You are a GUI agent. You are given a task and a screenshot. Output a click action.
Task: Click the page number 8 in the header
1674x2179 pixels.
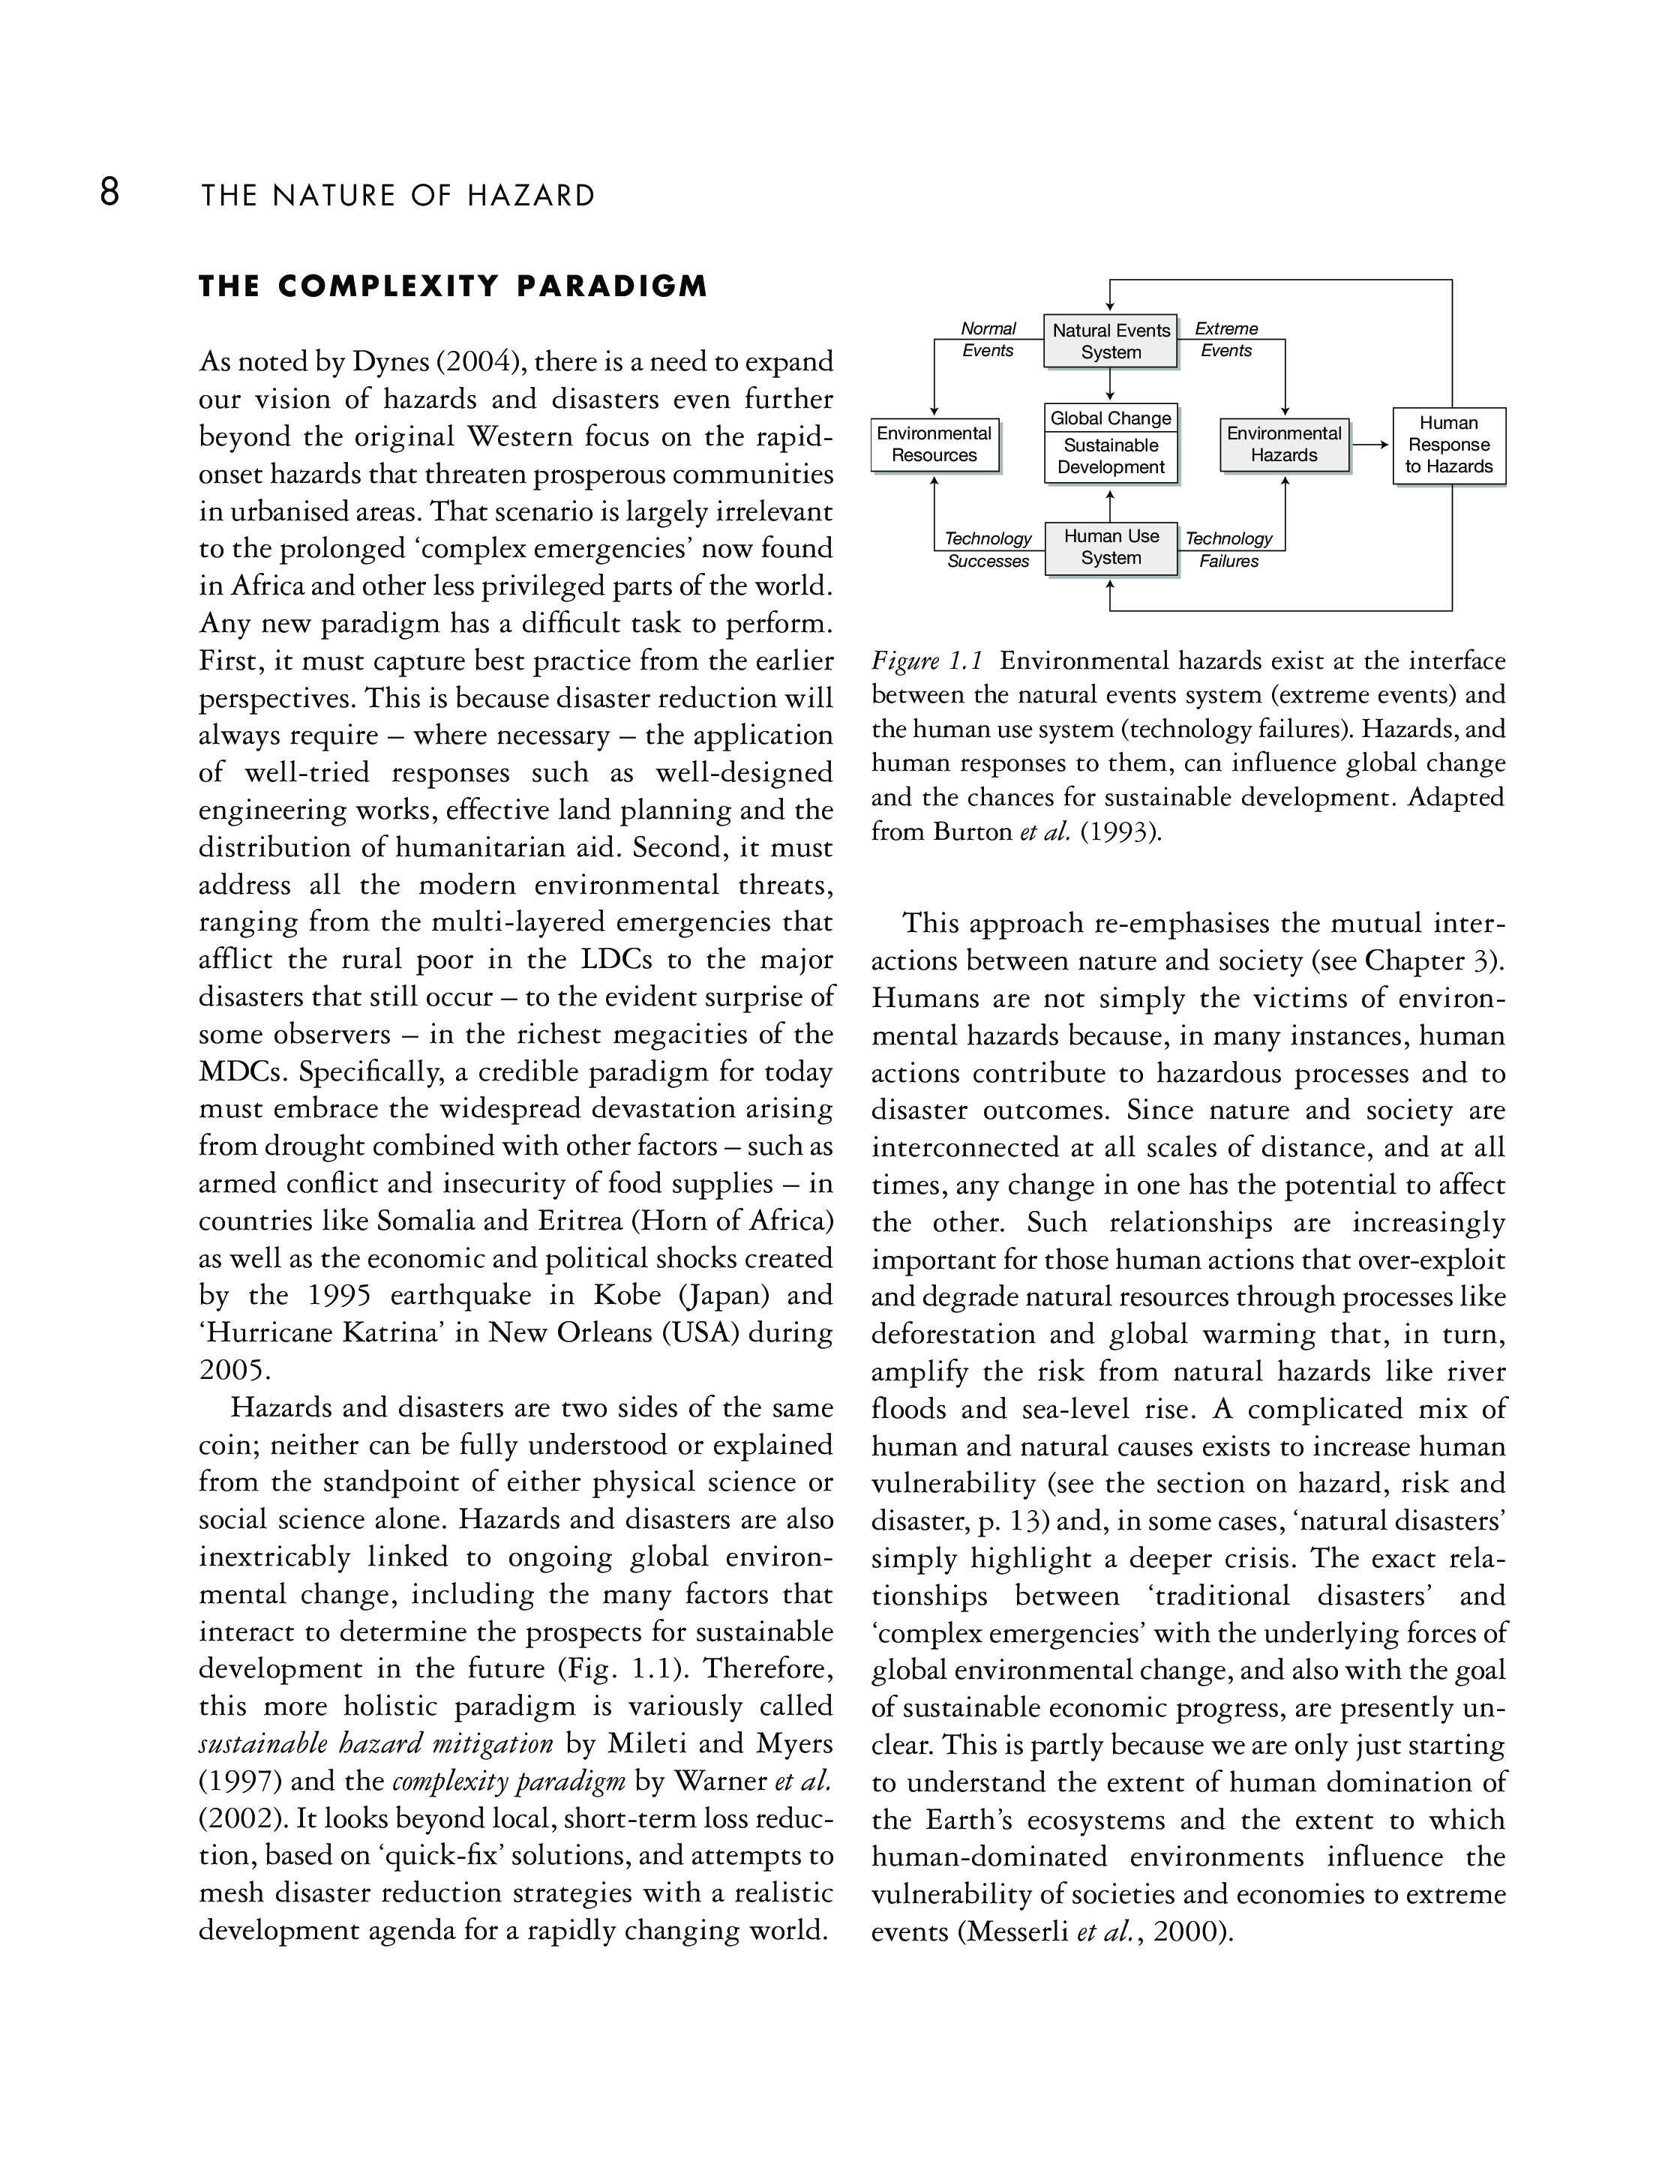click(x=109, y=191)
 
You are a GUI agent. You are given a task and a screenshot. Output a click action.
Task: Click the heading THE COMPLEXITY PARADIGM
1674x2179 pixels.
click(x=453, y=287)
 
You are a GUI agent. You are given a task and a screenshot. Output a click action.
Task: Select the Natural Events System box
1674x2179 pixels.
click(x=1111, y=340)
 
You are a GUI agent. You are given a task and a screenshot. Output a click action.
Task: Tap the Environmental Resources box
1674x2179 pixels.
click(x=934, y=445)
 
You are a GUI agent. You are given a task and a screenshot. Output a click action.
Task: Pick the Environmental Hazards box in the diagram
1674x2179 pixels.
click(x=1285, y=445)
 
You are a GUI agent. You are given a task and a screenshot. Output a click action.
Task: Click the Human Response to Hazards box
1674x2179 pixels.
click(x=1449, y=445)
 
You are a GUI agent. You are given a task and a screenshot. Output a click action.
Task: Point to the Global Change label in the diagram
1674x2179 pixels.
click(x=1111, y=418)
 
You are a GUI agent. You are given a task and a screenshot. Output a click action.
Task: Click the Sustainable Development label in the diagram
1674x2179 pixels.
click(x=1111, y=457)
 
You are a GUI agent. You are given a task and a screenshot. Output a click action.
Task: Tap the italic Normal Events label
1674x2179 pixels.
click(x=988, y=340)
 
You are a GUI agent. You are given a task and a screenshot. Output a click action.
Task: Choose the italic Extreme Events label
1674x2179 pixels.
click(x=1226, y=340)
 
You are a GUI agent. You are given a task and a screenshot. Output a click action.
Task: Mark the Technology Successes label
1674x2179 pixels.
click(x=988, y=550)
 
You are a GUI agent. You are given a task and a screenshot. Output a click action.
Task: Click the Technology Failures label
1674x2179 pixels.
click(x=1228, y=550)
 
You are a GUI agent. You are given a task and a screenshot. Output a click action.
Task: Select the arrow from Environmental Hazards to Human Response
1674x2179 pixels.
click(x=1371, y=445)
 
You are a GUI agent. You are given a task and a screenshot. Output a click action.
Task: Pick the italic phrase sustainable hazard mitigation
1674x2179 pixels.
click(x=376, y=1743)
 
